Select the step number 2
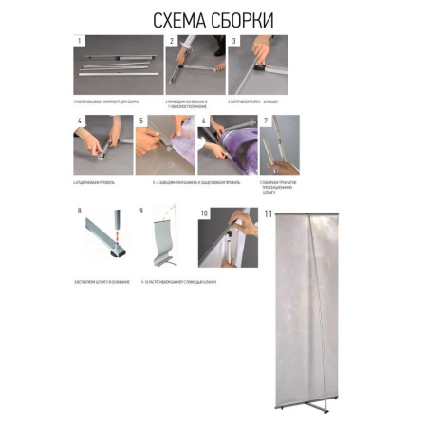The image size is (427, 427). click(x=172, y=41)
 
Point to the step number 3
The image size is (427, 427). click(x=233, y=41)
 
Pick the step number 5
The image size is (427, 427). click(x=140, y=121)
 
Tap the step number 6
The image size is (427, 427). click(x=203, y=121)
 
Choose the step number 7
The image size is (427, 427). click(x=267, y=121)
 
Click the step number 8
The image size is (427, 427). click(x=79, y=212)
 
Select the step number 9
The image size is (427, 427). click(x=141, y=212)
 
